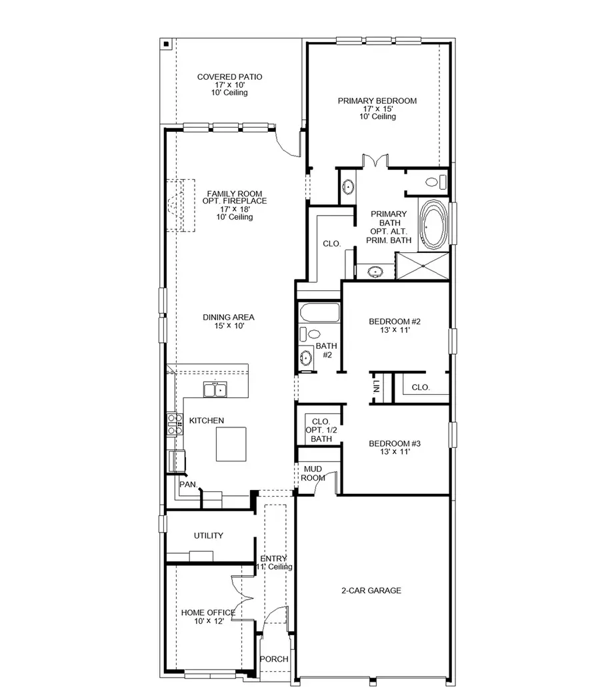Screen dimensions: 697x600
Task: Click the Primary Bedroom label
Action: (x=377, y=101)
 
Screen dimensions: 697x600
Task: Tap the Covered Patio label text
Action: (x=229, y=77)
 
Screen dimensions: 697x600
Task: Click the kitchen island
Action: (x=231, y=444)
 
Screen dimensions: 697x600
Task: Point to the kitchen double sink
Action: (x=216, y=390)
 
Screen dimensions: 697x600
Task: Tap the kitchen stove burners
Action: (x=175, y=425)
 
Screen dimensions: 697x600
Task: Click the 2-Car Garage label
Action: (x=371, y=590)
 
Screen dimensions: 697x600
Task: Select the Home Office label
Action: (x=207, y=612)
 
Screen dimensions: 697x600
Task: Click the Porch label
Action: (x=275, y=659)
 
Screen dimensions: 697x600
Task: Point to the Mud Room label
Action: (x=313, y=473)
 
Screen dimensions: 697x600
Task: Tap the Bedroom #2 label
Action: (x=395, y=322)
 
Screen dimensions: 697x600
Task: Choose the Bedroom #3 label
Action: (x=395, y=443)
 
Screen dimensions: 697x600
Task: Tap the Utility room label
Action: (x=209, y=536)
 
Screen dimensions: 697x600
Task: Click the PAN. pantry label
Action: (x=187, y=485)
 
